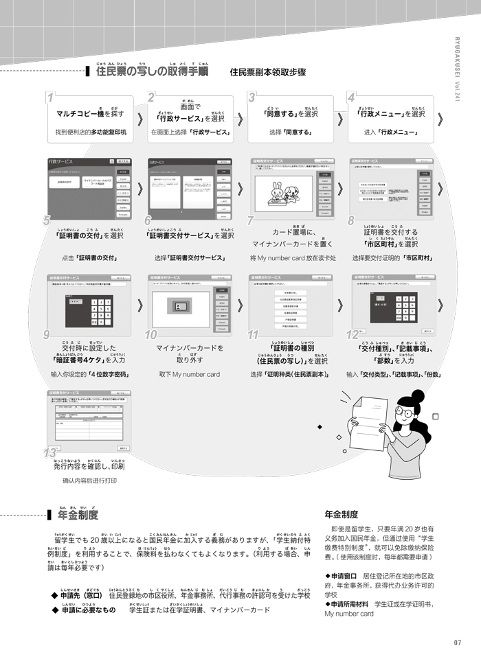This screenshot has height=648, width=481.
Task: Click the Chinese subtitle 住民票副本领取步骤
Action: click(x=267, y=72)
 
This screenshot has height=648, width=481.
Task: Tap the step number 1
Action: click(x=50, y=97)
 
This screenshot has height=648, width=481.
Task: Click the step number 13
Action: click(x=49, y=453)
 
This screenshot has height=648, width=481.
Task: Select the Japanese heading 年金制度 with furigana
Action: click(x=78, y=514)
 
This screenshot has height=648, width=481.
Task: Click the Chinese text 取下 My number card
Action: click(x=189, y=374)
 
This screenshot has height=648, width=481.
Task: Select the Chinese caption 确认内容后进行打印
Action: click(x=90, y=481)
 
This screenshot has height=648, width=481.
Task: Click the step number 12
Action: click(x=353, y=334)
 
